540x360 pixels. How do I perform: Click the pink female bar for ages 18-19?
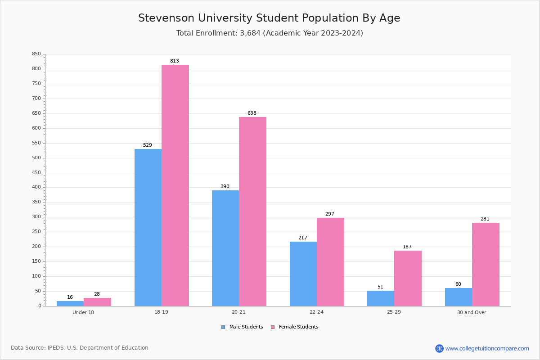175,185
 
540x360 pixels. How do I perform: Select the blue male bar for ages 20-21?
225,248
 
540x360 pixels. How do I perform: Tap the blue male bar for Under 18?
70,304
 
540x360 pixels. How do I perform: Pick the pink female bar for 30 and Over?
486,265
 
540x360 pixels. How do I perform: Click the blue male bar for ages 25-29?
381,298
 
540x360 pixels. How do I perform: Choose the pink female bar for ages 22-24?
330,262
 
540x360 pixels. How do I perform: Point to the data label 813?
175,61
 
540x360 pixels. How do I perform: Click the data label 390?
225,186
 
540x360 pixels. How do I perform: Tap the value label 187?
407,247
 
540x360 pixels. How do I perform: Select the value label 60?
458,284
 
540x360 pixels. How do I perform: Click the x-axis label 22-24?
316,312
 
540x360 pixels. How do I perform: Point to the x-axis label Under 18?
83,312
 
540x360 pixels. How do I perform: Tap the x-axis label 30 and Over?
472,312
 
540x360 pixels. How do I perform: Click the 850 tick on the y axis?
36,54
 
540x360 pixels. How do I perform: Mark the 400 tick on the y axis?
36,187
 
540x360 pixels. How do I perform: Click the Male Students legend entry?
242,327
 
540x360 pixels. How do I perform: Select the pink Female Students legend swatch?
273,327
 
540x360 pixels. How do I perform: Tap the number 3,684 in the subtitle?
250,33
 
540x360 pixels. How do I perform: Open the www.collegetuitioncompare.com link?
487,348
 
